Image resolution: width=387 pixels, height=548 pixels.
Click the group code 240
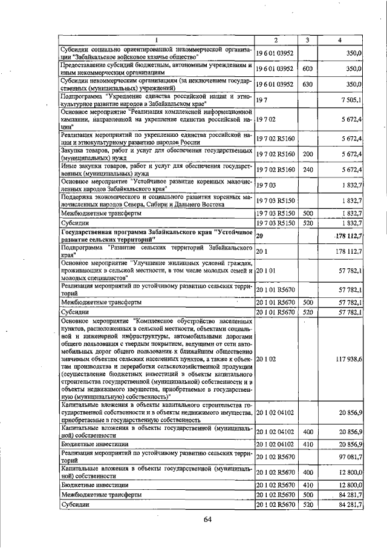307,169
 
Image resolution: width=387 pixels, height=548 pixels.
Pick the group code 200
307,154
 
